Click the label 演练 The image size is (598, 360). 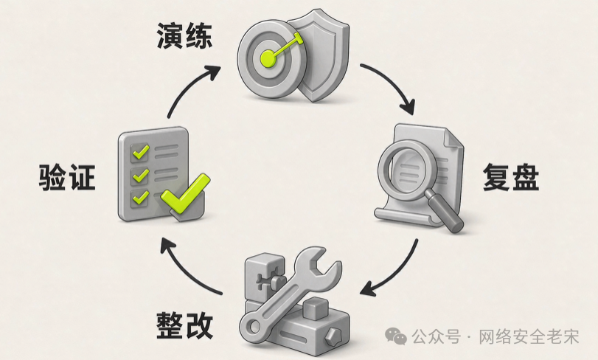click(184, 36)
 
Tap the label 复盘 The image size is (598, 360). click(511, 177)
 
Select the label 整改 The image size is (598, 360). click(184, 325)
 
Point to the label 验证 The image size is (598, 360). click(67, 177)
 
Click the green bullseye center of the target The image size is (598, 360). click(269, 58)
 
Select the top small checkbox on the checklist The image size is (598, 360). click(139, 152)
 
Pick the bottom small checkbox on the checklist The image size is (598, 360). click(139, 198)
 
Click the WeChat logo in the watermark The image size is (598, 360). click(396, 336)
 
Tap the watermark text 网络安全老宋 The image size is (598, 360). click(529, 336)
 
